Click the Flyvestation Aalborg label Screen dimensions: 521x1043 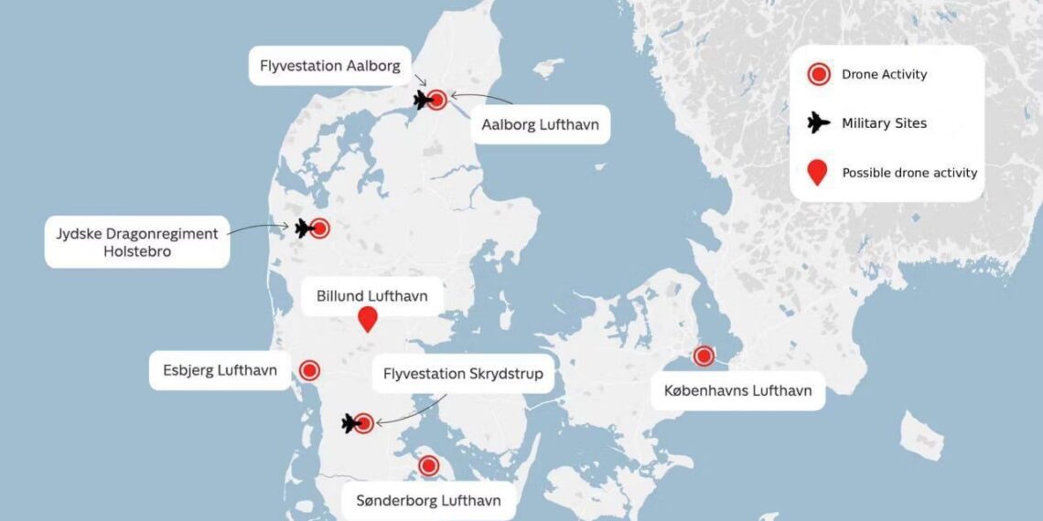329,66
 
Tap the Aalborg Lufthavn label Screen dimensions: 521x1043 541,124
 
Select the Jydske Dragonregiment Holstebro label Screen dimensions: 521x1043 136,242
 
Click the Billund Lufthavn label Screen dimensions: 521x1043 371,296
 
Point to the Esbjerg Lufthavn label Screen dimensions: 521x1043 220,371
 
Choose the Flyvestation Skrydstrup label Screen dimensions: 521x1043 463,374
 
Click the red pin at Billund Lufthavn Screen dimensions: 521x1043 368,319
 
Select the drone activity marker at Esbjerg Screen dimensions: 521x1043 309,370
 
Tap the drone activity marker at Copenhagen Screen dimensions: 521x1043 704,356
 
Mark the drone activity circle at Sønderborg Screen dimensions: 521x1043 428,465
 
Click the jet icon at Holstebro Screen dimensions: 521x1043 303,229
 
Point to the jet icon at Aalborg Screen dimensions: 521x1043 422,100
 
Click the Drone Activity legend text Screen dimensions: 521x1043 884,75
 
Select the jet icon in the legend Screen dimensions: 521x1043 818,123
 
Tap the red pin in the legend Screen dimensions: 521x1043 818,173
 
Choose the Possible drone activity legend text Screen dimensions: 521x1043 909,173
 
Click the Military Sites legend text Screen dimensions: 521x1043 884,123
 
